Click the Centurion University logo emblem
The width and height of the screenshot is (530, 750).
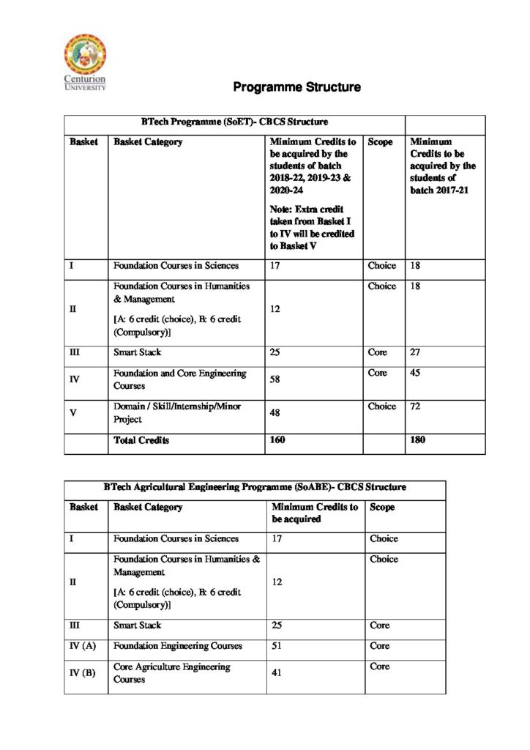(x=85, y=53)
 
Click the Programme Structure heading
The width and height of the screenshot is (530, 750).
(x=296, y=87)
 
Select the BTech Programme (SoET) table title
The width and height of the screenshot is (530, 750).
(x=234, y=122)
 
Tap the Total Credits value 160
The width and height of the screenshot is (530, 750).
(x=277, y=440)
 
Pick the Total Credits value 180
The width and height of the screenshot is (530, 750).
(x=418, y=440)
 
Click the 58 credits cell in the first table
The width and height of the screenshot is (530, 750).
(x=275, y=380)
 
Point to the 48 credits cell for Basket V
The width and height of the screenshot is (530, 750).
(x=275, y=413)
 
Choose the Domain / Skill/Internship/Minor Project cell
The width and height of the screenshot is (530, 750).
(x=177, y=413)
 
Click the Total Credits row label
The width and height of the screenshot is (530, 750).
(x=141, y=440)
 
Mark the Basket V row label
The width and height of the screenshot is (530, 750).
(x=73, y=413)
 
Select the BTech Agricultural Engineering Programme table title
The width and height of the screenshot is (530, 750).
(x=254, y=486)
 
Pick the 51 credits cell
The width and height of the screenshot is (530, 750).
(x=277, y=646)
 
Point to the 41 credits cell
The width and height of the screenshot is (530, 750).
(x=277, y=672)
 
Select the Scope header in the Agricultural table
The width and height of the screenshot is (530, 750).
(x=383, y=507)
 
